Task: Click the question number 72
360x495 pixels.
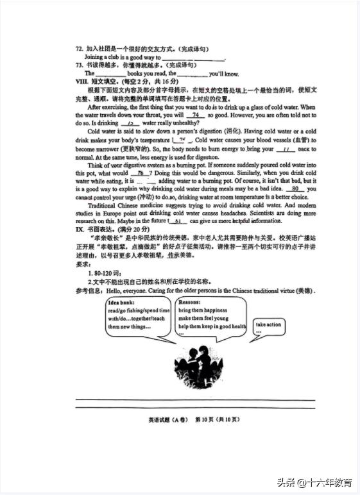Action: (79, 48)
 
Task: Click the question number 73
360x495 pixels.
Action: (79, 65)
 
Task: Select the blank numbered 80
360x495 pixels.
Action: (295, 189)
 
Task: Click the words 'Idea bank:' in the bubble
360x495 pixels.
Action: (122, 303)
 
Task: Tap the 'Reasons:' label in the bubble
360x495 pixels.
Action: (189, 302)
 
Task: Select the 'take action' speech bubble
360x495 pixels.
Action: (268, 328)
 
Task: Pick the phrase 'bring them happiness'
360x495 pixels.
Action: (203, 310)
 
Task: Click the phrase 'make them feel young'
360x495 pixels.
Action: (203, 318)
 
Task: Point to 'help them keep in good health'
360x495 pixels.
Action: (212, 326)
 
